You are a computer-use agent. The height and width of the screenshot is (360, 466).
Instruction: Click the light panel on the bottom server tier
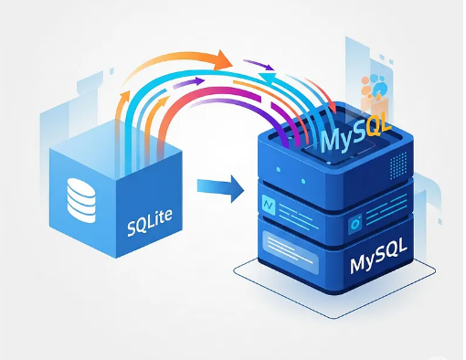coord(296,244)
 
